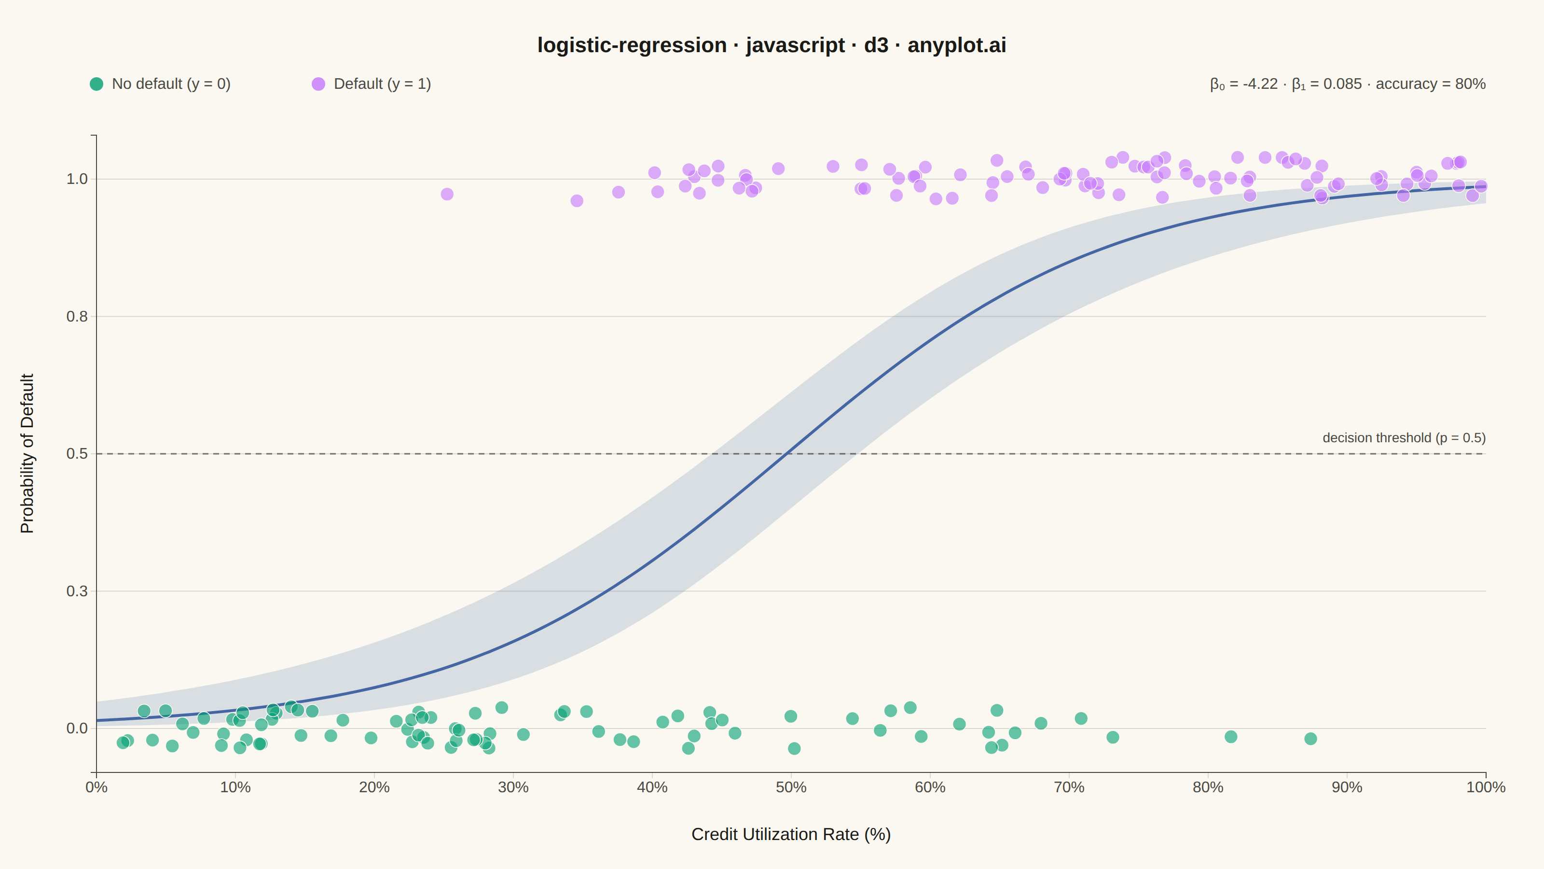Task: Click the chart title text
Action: [772, 45]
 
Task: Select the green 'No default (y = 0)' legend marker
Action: [96, 84]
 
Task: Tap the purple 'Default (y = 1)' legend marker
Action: [318, 84]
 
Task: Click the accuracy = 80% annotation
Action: [1430, 84]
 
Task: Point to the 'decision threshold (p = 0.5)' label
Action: [1404, 438]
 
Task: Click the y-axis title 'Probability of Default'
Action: [27, 453]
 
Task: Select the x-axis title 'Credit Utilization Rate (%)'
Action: [791, 834]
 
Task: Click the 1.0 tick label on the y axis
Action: [77, 179]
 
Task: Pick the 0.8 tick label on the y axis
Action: [77, 316]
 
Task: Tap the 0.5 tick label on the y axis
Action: [77, 453]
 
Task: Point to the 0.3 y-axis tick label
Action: [77, 591]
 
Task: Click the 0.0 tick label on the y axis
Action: [77, 728]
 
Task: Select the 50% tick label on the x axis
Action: [791, 787]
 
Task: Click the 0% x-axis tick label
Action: [96, 787]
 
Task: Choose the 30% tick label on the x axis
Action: [513, 787]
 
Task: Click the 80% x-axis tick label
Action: [1208, 787]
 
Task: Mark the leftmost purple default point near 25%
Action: [447, 194]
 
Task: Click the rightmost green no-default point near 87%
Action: [1311, 739]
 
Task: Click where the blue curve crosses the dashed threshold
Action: [786, 453]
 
